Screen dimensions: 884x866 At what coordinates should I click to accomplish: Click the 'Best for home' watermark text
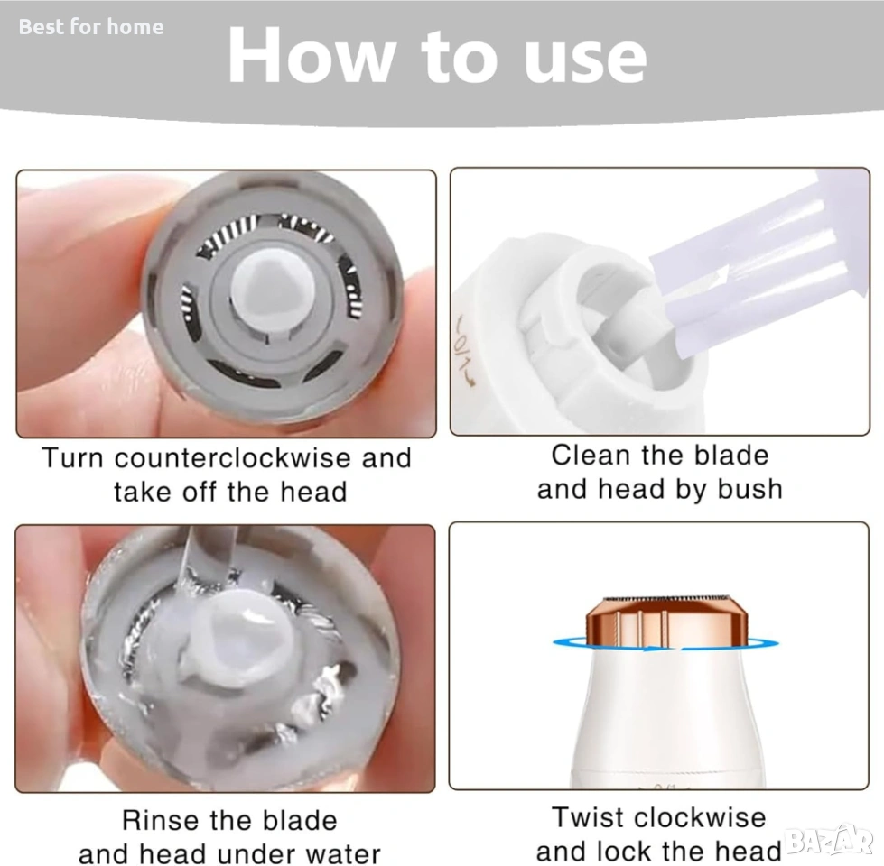91,27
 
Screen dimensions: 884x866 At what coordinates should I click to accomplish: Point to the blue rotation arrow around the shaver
665,644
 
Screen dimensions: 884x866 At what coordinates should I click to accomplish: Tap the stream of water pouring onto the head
207,557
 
